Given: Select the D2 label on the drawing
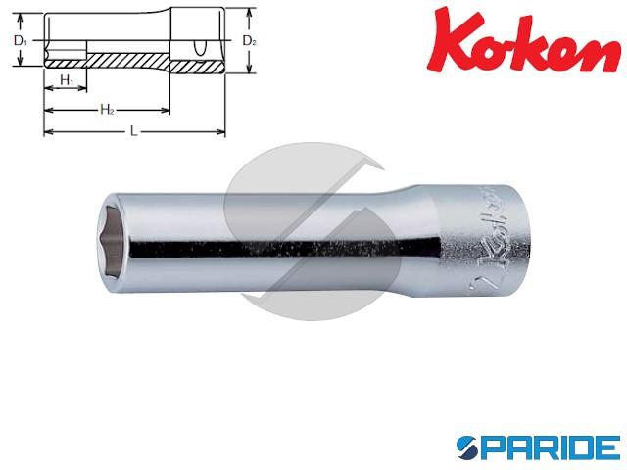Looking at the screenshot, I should pyautogui.click(x=249, y=41).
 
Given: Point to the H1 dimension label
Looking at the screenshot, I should pyautogui.click(x=64, y=78).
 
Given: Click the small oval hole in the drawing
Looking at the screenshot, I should pyautogui.click(x=201, y=45).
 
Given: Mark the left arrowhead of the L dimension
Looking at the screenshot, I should pyautogui.click(x=45, y=134).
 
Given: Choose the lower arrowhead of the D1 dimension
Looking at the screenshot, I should pyautogui.click(x=22, y=66).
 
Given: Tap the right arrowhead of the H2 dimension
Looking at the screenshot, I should pyautogui.click(x=168, y=112).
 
